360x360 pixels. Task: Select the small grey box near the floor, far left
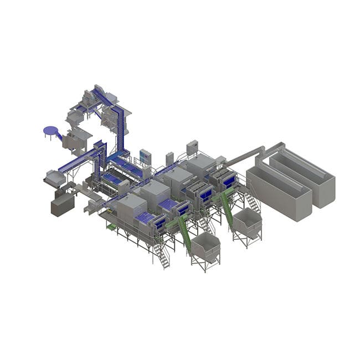click(x=62, y=205)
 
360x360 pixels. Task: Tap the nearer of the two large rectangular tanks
click(x=279, y=192)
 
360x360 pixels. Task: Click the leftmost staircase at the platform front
click(x=161, y=255)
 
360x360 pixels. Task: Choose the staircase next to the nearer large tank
click(x=252, y=202)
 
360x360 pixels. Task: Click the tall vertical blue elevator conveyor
click(x=118, y=125)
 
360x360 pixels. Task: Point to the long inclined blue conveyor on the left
click(x=78, y=161)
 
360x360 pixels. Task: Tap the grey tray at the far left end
click(x=53, y=178)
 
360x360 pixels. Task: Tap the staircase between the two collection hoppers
click(x=207, y=224)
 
